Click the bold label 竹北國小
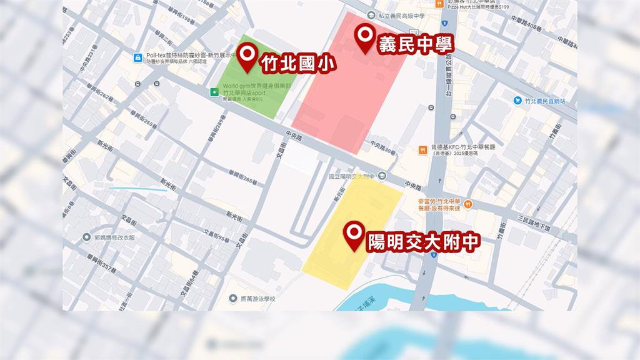(x=297, y=63)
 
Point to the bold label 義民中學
(x=415, y=44)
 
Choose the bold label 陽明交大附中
(x=423, y=242)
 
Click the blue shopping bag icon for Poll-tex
(x=137, y=58)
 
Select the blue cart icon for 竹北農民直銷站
(x=517, y=100)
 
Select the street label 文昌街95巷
(x=216, y=237)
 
